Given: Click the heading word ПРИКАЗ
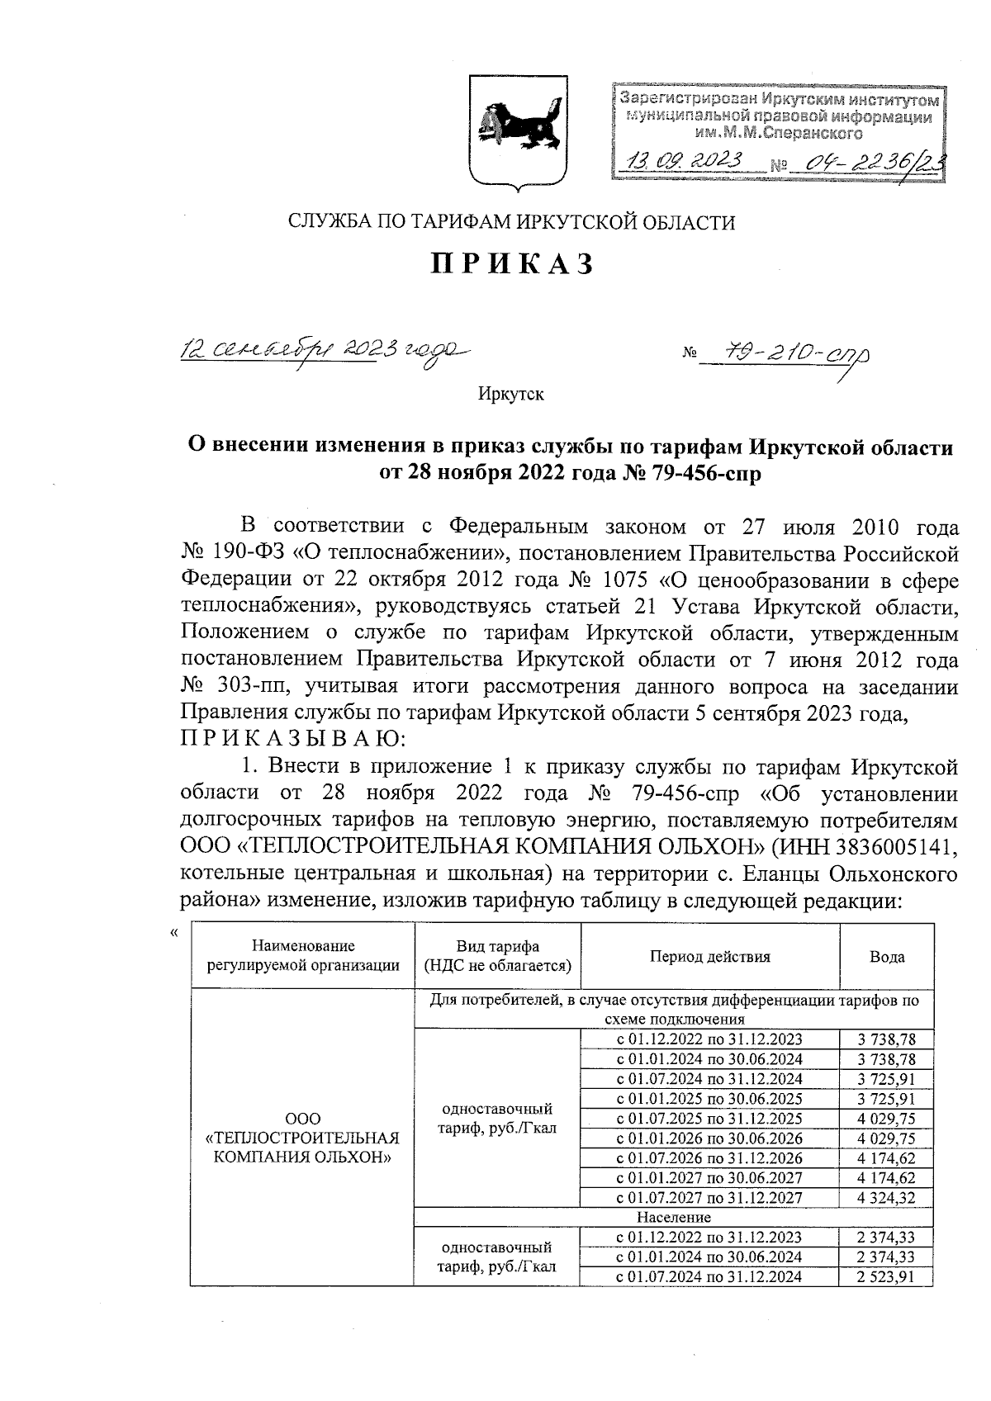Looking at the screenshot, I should [x=511, y=263].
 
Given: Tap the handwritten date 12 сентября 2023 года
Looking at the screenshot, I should [x=318, y=351].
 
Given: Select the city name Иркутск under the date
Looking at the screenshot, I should [x=510, y=394].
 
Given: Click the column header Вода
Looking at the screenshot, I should [x=886, y=957].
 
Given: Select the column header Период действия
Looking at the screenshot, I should [x=709, y=957].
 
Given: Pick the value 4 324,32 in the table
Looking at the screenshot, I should [x=886, y=1198].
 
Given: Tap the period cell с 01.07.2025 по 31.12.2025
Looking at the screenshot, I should [x=709, y=1119].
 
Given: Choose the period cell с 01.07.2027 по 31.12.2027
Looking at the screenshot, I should [x=709, y=1198].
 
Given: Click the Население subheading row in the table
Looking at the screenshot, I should [x=673, y=1218].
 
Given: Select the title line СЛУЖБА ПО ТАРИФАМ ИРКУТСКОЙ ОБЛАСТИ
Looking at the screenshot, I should [x=510, y=222].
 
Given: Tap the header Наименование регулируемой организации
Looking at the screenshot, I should [x=303, y=957].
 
